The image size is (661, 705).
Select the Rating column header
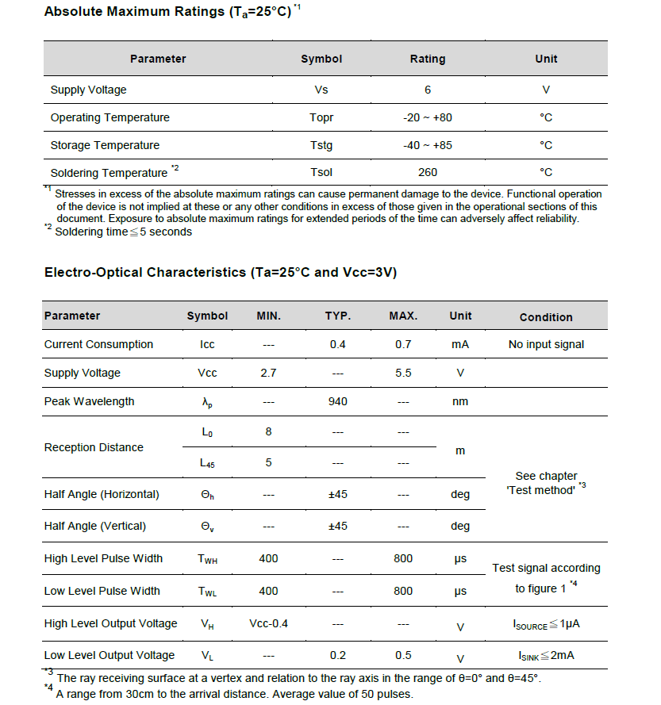(427, 59)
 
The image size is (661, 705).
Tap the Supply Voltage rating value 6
(427, 90)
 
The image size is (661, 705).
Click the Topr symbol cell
(321, 117)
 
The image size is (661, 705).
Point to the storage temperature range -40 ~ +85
(427, 145)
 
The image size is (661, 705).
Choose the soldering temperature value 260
(427, 172)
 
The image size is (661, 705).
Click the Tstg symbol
(321, 145)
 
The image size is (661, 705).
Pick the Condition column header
(546, 317)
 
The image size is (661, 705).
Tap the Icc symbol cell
(207, 344)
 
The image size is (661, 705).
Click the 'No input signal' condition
(546, 344)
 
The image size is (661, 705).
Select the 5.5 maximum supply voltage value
(403, 373)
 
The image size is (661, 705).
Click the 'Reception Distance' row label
(94, 447)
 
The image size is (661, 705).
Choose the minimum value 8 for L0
(268, 432)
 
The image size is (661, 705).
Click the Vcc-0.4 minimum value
(268, 623)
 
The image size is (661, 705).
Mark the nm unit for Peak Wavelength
(460, 401)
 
